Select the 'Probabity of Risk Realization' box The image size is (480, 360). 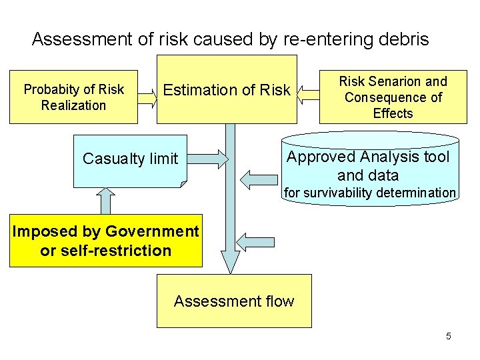pyautogui.click(x=73, y=97)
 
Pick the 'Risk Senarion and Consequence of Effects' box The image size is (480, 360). pyautogui.click(x=393, y=97)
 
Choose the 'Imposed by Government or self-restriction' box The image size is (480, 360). pyautogui.click(x=105, y=241)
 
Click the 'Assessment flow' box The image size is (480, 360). pyautogui.click(x=234, y=301)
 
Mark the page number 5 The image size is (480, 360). pyautogui.click(x=449, y=336)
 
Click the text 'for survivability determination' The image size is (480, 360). pyautogui.click(x=369, y=193)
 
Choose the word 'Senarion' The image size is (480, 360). pyautogui.click(x=393, y=81)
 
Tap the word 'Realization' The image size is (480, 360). pyautogui.click(x=73, y=105)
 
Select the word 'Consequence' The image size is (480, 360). pyautogui.click(x=386, y=97)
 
